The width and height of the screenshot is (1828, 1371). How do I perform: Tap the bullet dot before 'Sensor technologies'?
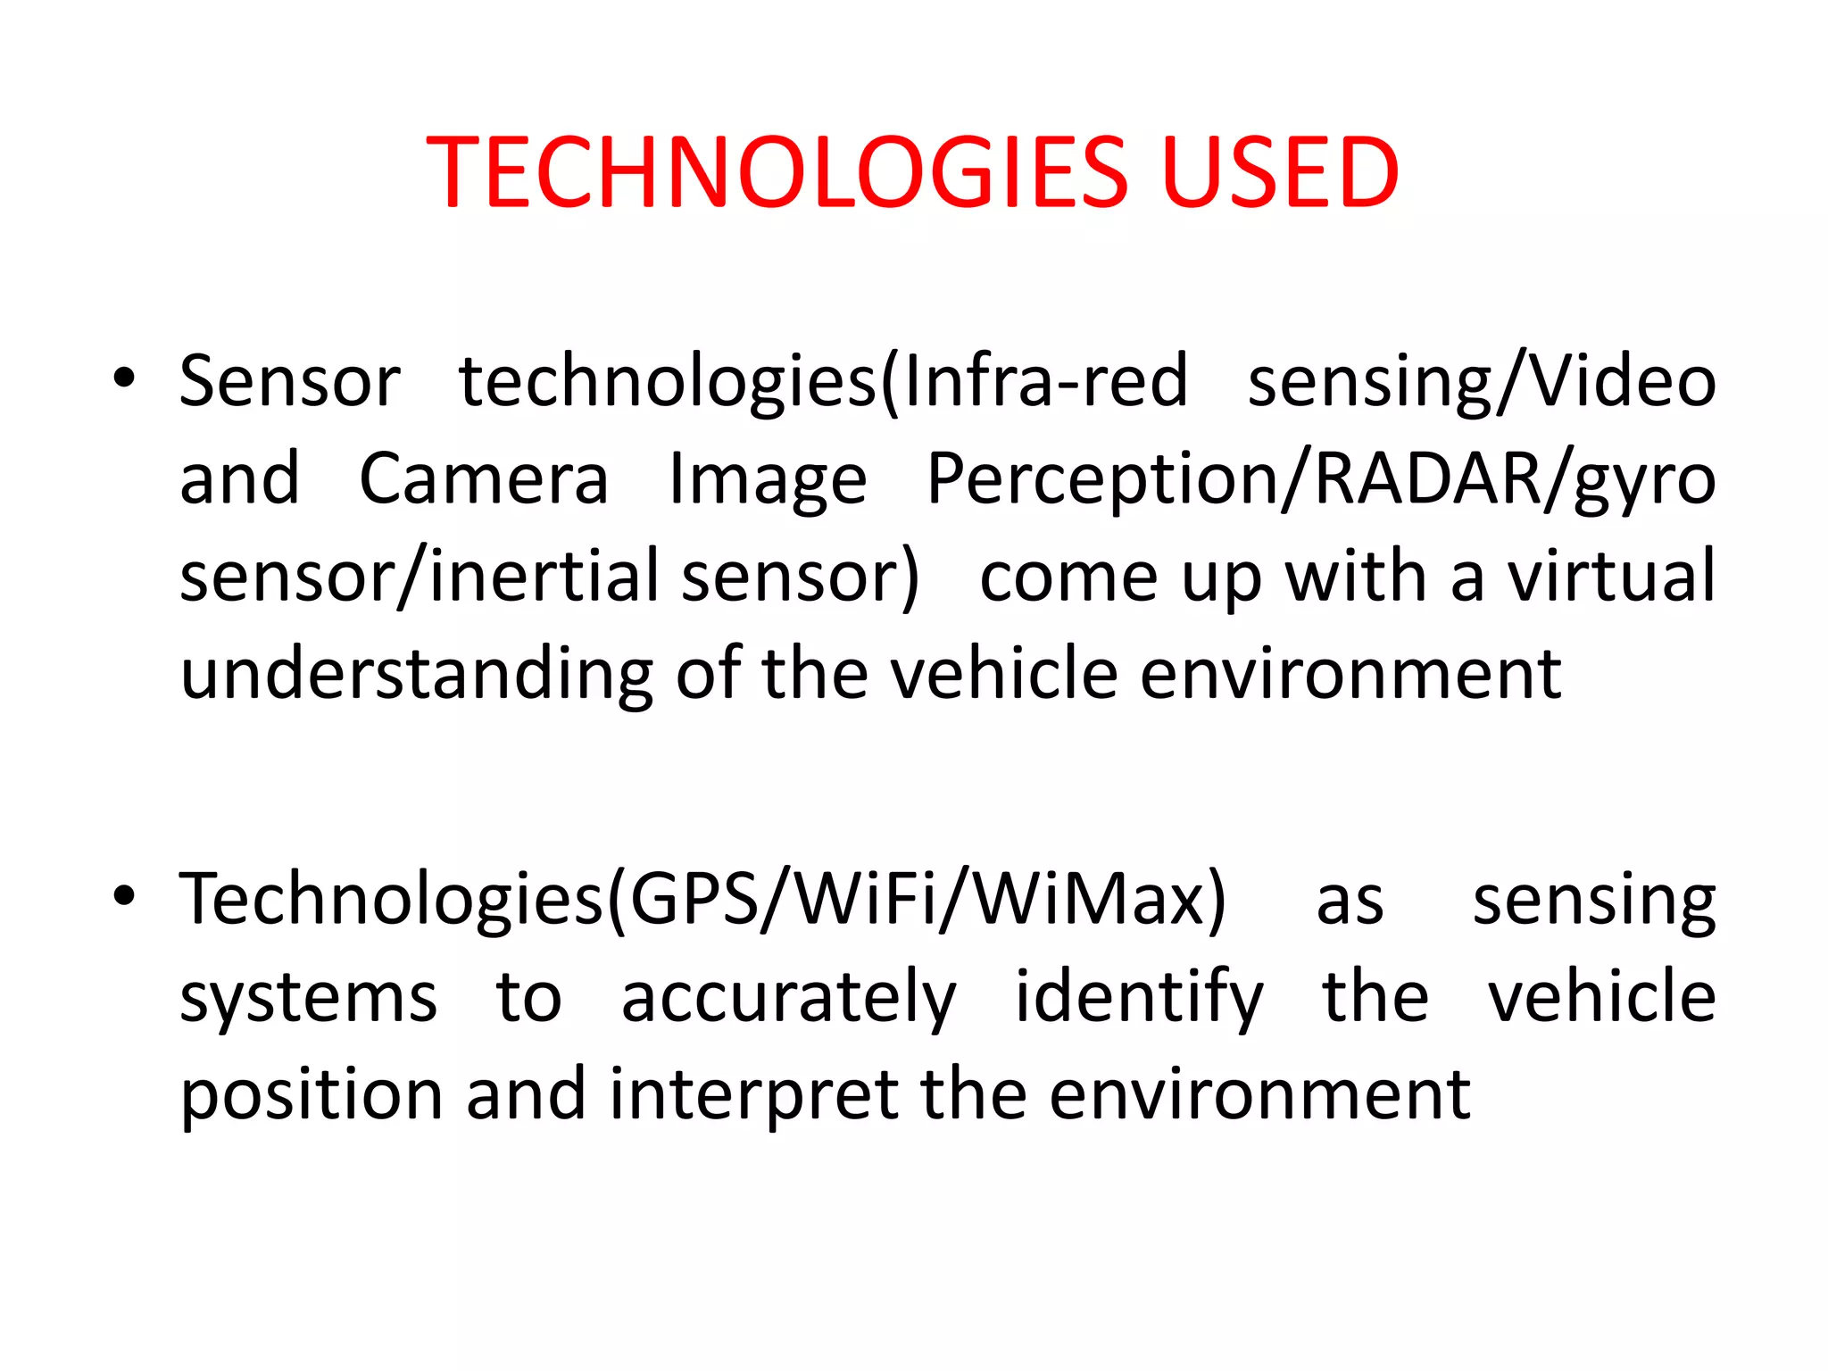click(x=124, y=378)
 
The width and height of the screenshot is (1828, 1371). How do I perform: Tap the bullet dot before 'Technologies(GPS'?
click(x=124, y=895)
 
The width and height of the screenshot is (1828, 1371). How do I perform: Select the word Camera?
click(x=484, y=478)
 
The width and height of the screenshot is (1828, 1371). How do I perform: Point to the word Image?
click(x=768, y=480)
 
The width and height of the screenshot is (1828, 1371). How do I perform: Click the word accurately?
click(x=788, y=998)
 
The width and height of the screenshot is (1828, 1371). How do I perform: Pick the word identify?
click(x=1139, y=998)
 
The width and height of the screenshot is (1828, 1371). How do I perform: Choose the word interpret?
click(x=754, y=1095)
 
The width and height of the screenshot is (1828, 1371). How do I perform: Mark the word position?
click(x=312, y=1095)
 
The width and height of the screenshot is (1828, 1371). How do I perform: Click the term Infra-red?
click(x=1045, y=380)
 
